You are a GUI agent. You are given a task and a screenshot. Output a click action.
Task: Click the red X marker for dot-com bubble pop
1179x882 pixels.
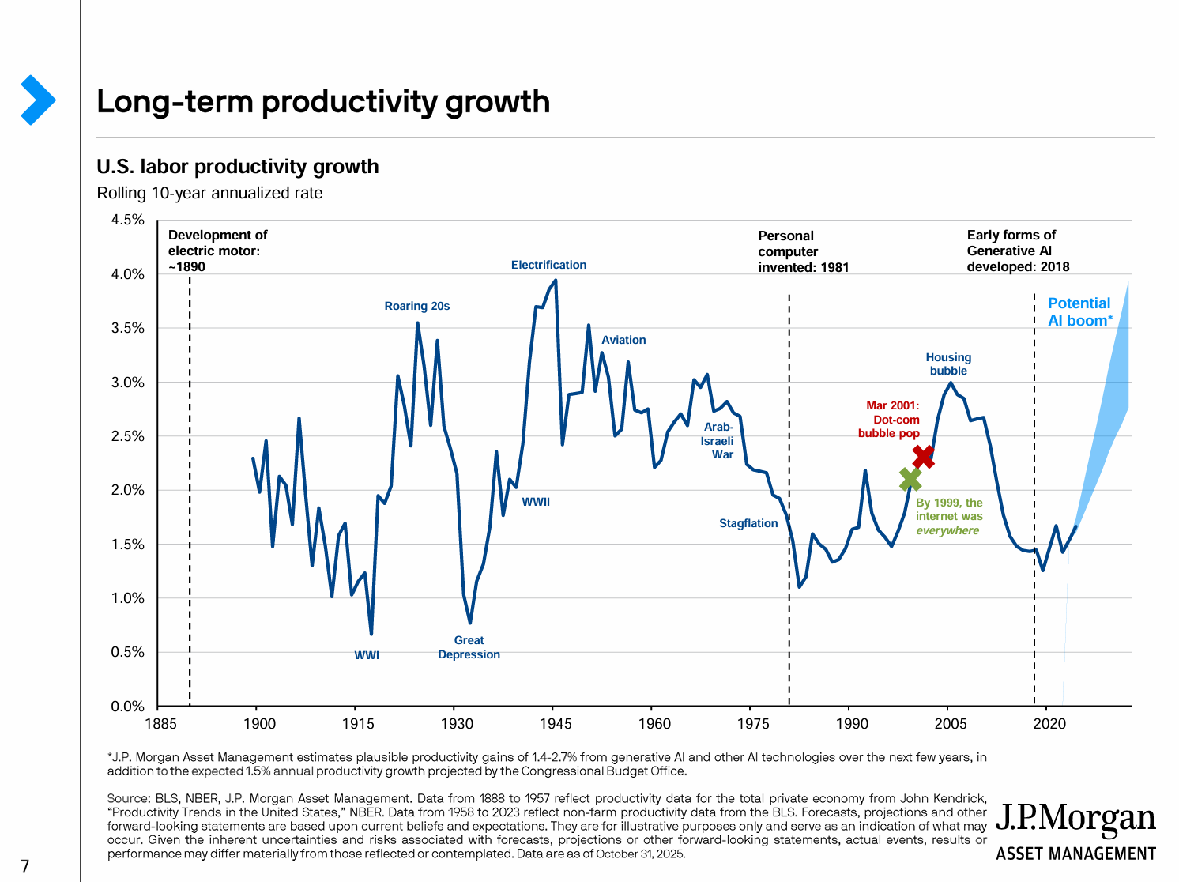(923, 456)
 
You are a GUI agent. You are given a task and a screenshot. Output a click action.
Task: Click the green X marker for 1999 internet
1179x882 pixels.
(910, 478)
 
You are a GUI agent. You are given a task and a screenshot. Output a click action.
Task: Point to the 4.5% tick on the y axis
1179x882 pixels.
(128, 220)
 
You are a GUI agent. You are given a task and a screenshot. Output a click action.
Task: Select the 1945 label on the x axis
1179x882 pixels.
(556, 724)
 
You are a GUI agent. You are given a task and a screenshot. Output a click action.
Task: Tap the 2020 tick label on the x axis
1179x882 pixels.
(1049, 724)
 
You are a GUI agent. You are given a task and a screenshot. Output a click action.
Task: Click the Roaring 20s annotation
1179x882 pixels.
(417, 306)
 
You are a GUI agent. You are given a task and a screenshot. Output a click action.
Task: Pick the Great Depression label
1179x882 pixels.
(469, 647)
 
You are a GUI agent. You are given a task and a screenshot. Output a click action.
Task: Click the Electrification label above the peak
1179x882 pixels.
(548, 265)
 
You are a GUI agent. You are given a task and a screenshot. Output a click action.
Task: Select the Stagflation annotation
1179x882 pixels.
(748, 523)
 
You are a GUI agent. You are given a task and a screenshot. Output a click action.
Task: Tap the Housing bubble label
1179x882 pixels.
(948, 364)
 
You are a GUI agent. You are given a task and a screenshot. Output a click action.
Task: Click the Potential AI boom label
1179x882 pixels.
(1079, 311)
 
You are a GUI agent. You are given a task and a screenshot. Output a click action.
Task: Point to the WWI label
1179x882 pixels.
(367, 655)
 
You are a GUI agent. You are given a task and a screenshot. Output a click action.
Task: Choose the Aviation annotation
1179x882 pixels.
(623, 340)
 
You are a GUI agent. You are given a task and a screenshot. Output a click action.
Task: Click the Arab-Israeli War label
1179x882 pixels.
(718, 441)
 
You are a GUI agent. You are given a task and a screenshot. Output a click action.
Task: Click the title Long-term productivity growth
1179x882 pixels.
(323, 102)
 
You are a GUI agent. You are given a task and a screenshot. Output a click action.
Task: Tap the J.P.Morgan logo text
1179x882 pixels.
(1075, 820)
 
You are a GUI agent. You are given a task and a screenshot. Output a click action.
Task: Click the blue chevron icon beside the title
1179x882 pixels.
(37, 100)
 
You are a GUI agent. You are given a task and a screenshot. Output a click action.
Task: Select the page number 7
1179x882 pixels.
(24, 866)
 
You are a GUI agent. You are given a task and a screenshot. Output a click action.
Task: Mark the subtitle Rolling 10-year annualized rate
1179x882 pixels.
(209, 193)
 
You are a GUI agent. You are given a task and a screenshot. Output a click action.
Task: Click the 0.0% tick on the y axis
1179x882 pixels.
(128, 707)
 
